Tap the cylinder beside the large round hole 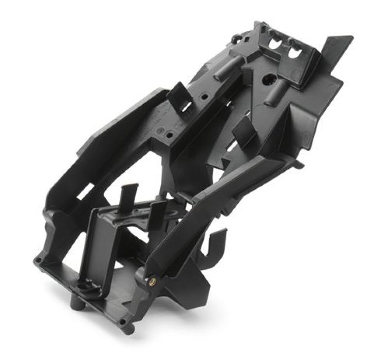tap(280, 89)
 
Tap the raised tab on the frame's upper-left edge tap(178, 92)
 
